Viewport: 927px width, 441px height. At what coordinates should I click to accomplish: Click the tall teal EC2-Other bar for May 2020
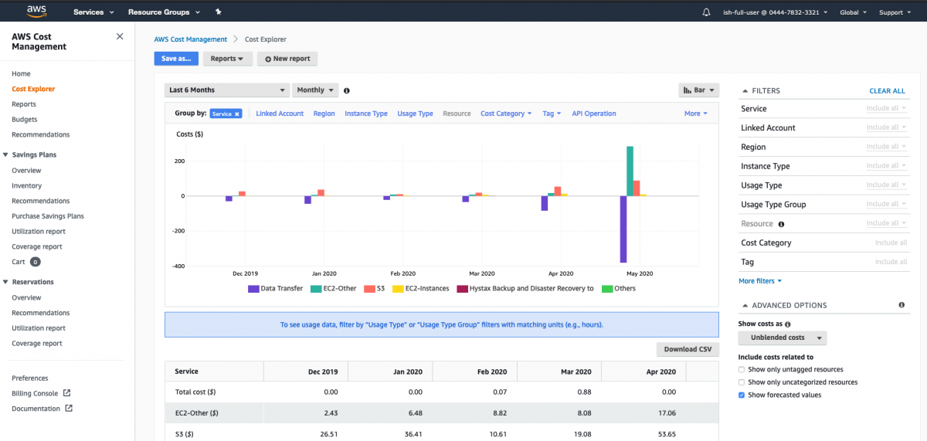[630, 171]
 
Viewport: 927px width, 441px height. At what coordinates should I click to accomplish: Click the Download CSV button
[688, 349]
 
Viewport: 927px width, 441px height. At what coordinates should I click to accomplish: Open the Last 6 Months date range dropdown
[228, 90]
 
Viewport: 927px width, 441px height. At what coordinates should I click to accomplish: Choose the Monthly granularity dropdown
[316, 90]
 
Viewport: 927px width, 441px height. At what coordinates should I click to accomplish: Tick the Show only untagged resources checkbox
[742, 370]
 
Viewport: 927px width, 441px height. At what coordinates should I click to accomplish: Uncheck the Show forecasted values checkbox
[742, 395]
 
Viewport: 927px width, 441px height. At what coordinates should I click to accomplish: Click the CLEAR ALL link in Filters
[887, 91]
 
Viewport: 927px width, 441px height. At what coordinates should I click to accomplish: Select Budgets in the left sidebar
[25, 120]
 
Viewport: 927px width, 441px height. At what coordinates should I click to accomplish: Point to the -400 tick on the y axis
[179, 266]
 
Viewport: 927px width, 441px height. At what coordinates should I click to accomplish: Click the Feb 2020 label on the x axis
[402, 273]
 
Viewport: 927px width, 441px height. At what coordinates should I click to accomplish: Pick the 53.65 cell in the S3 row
[665, 434]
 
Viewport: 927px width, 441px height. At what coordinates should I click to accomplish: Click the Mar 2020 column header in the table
[576, 371]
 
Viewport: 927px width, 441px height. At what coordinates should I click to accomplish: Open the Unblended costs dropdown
[783, 338]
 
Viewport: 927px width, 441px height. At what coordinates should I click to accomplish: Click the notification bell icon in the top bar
[706, 12]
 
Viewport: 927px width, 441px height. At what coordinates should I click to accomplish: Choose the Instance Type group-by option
[366, 114]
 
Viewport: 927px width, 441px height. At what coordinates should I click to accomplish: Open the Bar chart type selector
[698, 90]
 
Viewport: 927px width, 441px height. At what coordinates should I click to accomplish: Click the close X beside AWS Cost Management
[119, 36]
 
